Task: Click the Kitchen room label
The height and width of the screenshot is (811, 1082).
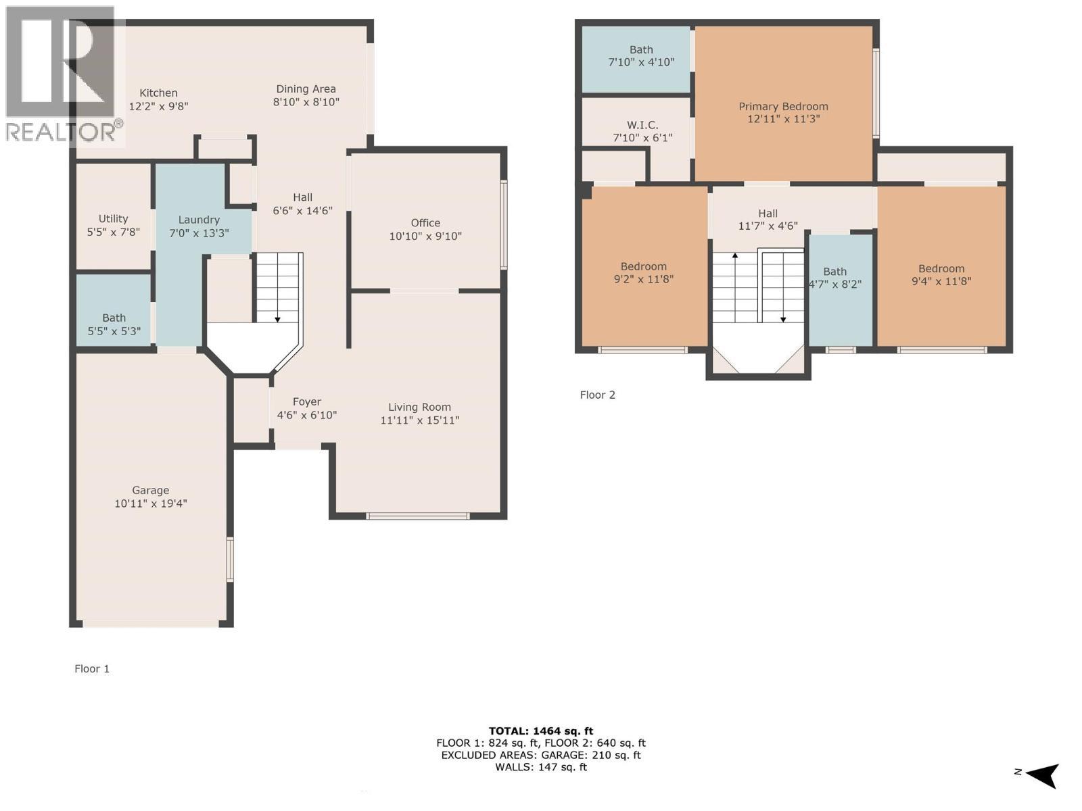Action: pos(158,93)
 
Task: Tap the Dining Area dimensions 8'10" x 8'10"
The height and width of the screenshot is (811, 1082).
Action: pos(306,102)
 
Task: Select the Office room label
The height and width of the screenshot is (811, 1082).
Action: pos(425,223)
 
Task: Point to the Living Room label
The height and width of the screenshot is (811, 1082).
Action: pos(419,407)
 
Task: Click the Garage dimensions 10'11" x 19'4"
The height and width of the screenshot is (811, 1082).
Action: pos(150,503)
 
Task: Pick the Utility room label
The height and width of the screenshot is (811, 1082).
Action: pos(113,219)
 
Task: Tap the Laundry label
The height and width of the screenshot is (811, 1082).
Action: pos(199,220)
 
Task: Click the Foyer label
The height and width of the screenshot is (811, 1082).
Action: pos(306,402)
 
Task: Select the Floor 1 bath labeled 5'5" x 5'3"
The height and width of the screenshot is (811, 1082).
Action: pos(114,324)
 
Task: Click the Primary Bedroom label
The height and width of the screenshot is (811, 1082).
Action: pos(783,106)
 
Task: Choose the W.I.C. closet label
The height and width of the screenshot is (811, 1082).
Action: pos(642,125)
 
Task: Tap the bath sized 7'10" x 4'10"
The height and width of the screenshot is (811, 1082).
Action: pos(641,56)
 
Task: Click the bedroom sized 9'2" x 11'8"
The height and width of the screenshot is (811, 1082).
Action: pos(644,272)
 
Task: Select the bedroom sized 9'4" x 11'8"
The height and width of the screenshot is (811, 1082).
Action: pos(941,274)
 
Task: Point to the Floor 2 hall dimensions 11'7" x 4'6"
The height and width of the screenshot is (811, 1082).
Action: pos(768,226)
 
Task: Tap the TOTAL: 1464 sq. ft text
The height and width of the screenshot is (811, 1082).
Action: pos(540,731)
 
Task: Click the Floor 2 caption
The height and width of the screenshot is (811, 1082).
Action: pos(597,395)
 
